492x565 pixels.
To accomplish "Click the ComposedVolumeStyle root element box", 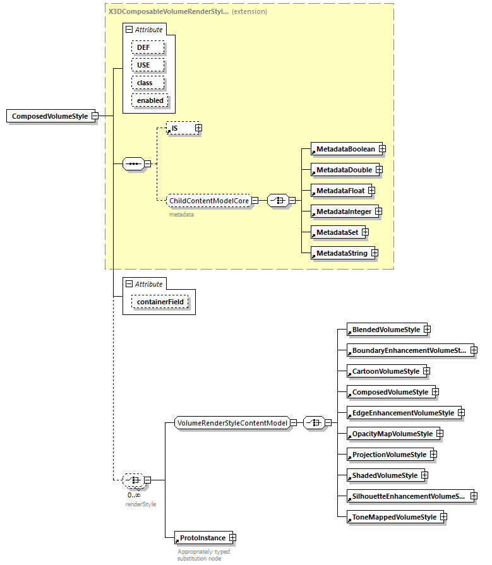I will click(49, 116).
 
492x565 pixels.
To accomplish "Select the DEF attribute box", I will click(148, 47).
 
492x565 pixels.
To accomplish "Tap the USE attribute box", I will click(148, 65).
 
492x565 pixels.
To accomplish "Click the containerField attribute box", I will click(160, 303).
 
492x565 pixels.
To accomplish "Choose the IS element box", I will click(180, 128).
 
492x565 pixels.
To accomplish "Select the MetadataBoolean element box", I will click(345, 149).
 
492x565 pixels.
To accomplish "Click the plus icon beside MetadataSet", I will click(365, 232).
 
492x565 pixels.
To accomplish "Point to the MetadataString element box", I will click(341, 253).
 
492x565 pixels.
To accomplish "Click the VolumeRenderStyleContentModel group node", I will click(232, 423).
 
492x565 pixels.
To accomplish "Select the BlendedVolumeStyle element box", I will click(385, 330).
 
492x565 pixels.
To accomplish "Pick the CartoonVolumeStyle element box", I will click(385, 371).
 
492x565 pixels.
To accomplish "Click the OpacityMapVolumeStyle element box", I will click(392, 434).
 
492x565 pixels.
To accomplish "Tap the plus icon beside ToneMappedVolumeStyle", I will click(443, 517).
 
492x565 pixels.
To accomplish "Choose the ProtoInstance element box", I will click(201, 538).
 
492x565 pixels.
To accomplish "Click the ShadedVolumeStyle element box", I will click(384, 475).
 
